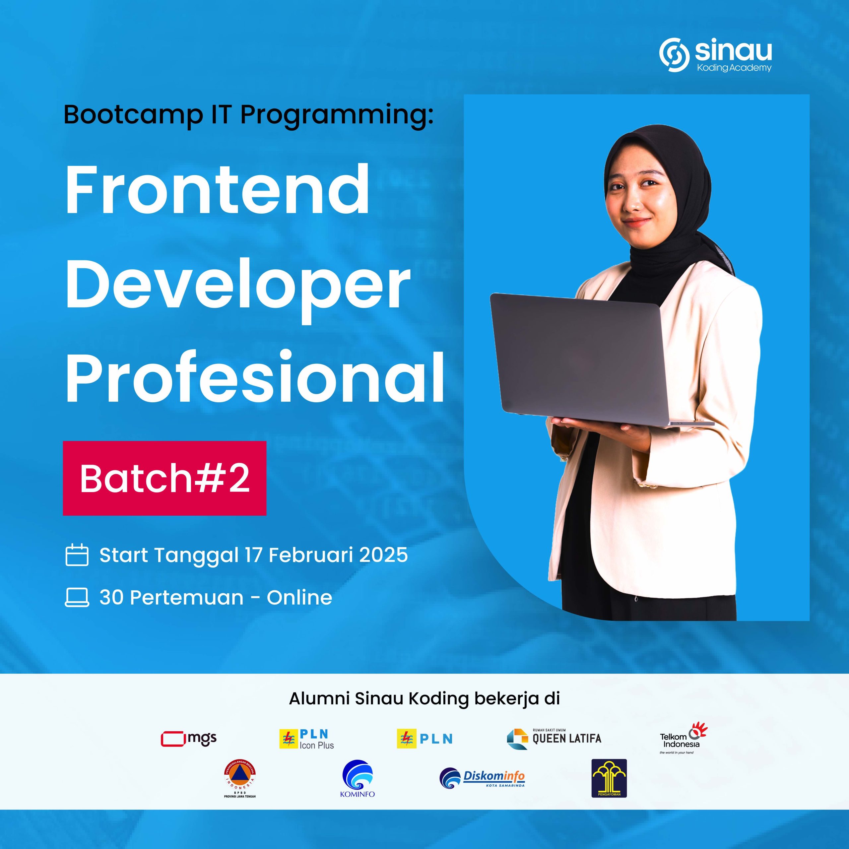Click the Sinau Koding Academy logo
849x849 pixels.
pos(715,56)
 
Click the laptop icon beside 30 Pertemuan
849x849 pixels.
pos(77,597)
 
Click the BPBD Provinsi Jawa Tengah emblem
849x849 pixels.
pos(240,779)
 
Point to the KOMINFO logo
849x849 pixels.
pos(357,779)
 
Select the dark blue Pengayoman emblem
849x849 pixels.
pos(609,778)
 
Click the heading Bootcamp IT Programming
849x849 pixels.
pos(248,115)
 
